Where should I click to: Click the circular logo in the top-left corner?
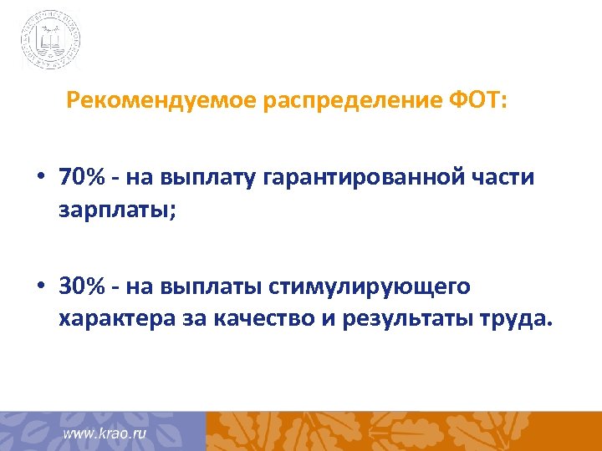[51, 39]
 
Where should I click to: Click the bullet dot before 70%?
[40, 179]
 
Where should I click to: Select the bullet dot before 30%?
[40, 287]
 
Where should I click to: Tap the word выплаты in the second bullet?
[216, 287]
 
